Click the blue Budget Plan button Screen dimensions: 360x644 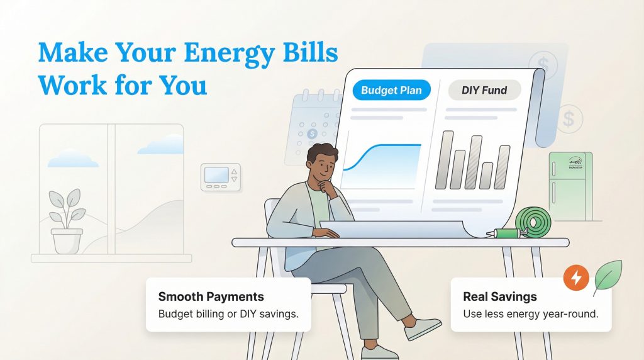click(391, 90)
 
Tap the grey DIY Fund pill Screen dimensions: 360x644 click(484, 90)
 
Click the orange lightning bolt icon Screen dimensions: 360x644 click(576, 277)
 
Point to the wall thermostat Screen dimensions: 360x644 click(220, 176)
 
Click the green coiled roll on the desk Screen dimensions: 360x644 click(533, 221)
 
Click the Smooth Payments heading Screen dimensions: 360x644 click(211, 297)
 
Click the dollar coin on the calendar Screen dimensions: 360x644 click(312, 133)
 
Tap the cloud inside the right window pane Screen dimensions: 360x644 click(161, 147)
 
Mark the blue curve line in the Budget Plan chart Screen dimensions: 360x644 click(377, 151)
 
